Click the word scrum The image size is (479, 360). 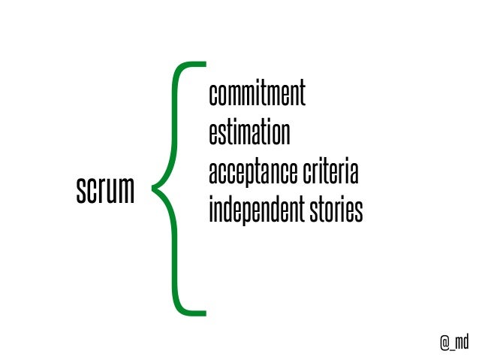(x=104, y=192)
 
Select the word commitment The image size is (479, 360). (x=257, y=95)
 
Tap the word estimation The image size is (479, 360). (x=249, y=134)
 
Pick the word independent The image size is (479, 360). (x=253, y=211)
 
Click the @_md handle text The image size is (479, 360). (x=454, y=342)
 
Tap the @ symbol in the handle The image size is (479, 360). (x=444, y=343)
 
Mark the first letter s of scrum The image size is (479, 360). (x=80, y=192)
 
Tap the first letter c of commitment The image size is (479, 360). (x=213, y=95)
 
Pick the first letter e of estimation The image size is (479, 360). (x=213, y=135)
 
